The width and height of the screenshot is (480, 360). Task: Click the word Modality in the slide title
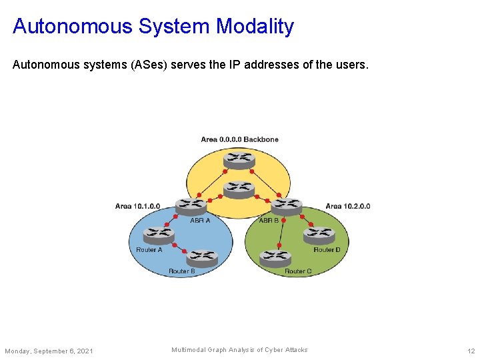pyautogui.click(x=254, y=26)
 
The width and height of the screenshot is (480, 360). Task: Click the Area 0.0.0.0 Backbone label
pyautogui.click(x=239, y=139)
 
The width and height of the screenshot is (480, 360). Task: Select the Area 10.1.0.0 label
pyautogui.click(x=137, y=206)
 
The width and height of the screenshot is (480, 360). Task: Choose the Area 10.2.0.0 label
pyautogui.click(x=347, y=206)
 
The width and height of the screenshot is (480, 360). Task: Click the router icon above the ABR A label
pyautogui.click(x=191, y=205)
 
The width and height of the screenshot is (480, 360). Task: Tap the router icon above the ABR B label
pyautogui.click(x=287, y=205)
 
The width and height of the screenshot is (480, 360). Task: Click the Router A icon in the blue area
pyautogui.click(x=159, y=234)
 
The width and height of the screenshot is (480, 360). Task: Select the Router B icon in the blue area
pyautogui.click(x=202, y=257)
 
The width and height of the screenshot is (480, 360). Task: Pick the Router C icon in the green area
pyautogui.click(x=275, y=257)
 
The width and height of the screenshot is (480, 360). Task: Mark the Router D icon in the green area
pyautogui.click(x=319, y=234)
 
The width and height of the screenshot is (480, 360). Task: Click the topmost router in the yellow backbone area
pyautogui.click(x=239, y=159)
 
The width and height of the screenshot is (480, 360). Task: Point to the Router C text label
pyautogui.click(x=298, y=271)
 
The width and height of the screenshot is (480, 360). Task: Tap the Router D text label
pyautogui.click(x=327, y=249)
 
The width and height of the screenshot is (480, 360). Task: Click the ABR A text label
pyautogui.click(x=200, y=220)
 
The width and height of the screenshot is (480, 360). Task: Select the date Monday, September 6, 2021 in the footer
pyautogui.click(x=49, y=351)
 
